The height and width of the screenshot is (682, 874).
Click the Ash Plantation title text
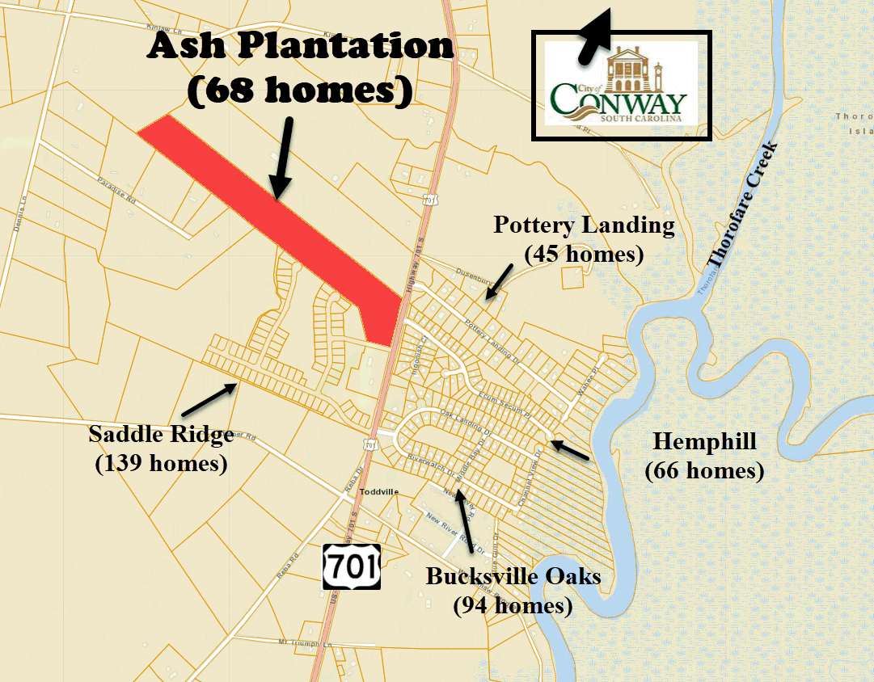click(x=300, y=46)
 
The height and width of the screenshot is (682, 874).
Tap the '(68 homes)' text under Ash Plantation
click(x=300, y=90)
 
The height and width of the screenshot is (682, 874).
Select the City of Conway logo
click(x=620, y=84)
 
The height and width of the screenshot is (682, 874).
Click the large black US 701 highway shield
click(x=350, y=565)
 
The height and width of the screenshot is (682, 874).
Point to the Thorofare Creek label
click(x=742, y=204)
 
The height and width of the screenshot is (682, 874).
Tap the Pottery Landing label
click(x=584, y=225)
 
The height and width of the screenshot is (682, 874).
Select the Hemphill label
click(x=704, y=441)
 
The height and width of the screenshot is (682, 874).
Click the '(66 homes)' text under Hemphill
click(x=704, y=469)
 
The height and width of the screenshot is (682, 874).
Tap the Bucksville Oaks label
click(x=513, y=577)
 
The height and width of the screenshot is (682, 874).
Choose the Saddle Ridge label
click(x=161, y=435)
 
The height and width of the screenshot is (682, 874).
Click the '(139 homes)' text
click(x=161, y=464)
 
